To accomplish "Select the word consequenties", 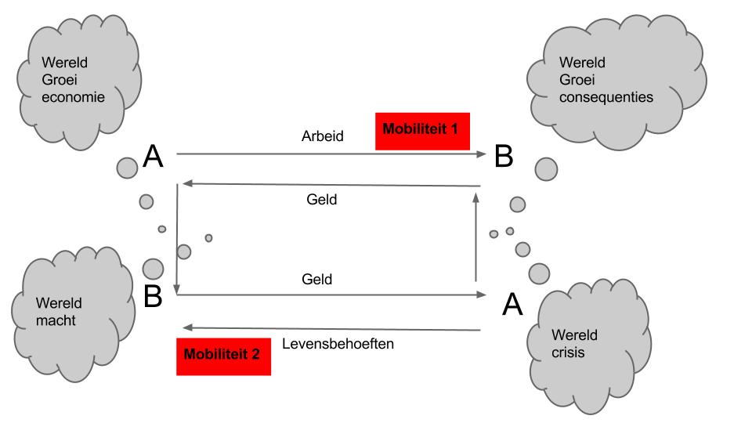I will pos(606,97).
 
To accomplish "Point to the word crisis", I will pos(568,353).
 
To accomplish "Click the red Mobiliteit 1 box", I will pos(421,131).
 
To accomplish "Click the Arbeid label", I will pos(323,136).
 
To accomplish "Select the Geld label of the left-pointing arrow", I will pos(321,201).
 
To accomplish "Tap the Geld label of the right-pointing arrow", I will pos(317,279).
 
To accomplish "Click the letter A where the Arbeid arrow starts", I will pos(153,158).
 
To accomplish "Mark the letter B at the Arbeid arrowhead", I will pos(504,157).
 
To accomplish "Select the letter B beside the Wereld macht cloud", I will pos(154,297).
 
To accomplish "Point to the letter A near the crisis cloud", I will pos(512,304).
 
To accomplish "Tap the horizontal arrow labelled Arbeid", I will pos(329,154).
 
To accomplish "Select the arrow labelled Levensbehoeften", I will pos(329,329).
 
